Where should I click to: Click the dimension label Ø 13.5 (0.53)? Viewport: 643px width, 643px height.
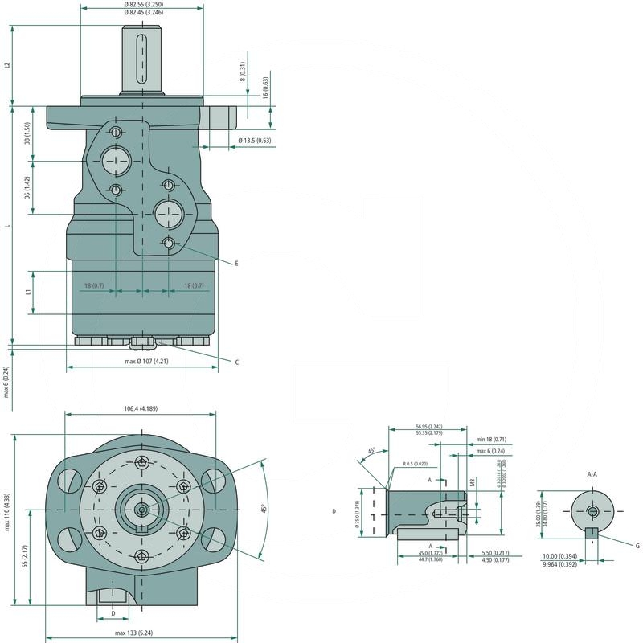coord(255,141)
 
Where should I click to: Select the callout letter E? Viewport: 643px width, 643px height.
coord(236,264)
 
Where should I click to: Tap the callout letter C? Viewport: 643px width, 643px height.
coord(236,362)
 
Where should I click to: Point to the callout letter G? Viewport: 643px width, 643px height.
coord(637,546)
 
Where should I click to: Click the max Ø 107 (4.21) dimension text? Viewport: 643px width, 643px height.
coord(146,361)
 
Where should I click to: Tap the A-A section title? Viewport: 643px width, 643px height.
coord(592,474)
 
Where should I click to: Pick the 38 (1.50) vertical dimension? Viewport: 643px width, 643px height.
coord(27,133)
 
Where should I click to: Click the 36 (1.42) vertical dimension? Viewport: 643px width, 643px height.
coord(27,187)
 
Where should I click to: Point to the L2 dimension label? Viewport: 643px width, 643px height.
coord(6,65)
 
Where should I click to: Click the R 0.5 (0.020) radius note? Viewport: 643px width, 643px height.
coord(416,464)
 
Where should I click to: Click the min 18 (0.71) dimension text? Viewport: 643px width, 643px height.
coord(490,440)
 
